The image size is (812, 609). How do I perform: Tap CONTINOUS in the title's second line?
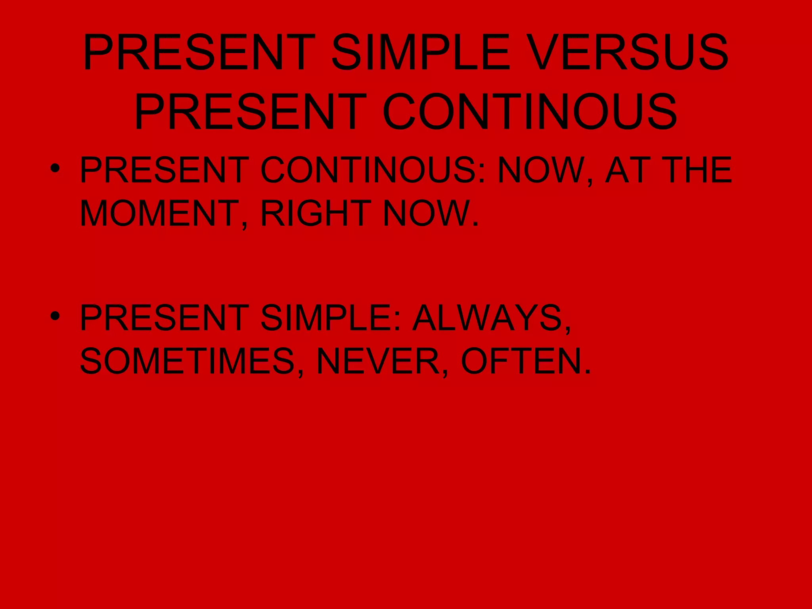[x=530, y=112]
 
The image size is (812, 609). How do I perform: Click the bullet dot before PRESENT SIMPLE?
[x=56, y=316]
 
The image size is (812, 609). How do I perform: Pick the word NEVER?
[x=379, y=361]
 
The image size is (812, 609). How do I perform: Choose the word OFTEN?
[x=521, y=361]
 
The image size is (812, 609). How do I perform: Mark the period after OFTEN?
[x=587, y=373]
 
